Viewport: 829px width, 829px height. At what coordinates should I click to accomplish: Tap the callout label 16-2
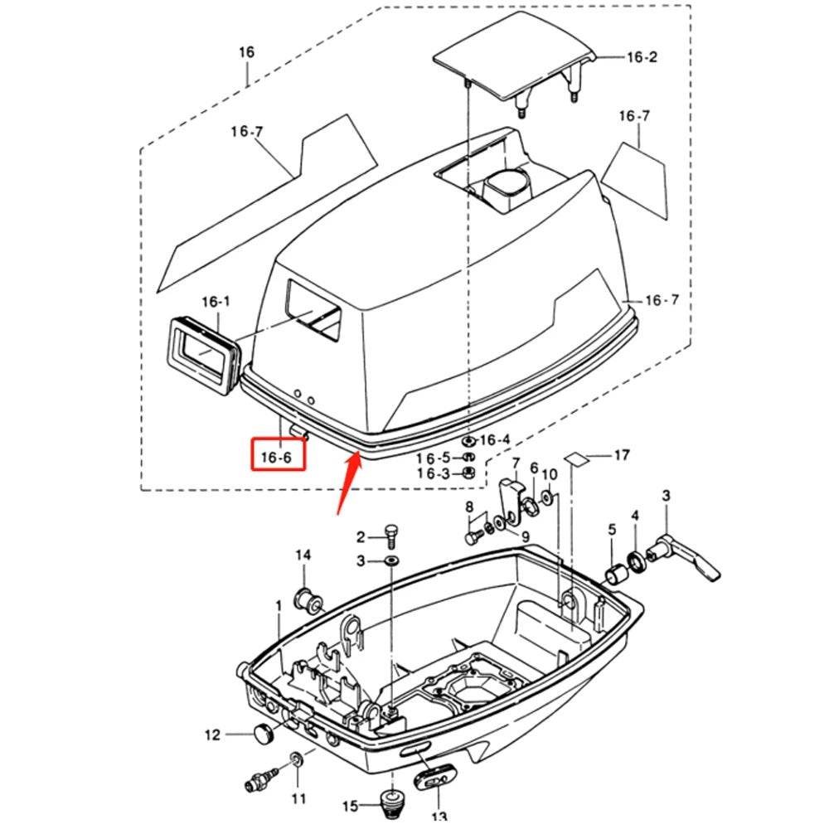pos(641,57)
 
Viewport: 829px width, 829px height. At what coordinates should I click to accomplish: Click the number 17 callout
pos(621,454)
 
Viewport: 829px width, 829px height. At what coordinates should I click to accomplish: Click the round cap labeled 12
pos(263,733)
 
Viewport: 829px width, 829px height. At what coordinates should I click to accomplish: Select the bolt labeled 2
pos(391,534)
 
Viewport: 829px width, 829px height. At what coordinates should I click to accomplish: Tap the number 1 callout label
pos(279,607)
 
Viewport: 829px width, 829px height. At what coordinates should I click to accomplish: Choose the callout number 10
pos(550,474)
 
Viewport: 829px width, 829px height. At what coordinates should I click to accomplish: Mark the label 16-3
pos(434,473)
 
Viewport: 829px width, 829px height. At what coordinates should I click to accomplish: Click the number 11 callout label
pos(298,798)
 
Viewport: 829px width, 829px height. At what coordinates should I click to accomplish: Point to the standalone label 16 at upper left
pos(246,52)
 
